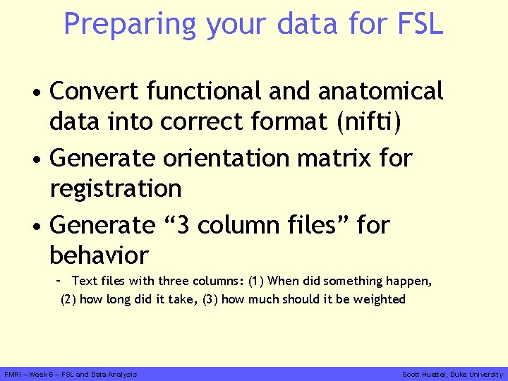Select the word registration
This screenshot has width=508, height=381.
point(116,189)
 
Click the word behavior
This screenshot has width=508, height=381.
point(99,255)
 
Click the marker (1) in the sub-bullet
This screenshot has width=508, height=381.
point(256,281)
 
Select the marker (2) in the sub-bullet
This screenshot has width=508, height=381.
point(68,299)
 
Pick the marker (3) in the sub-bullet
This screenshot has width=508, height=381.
point(210,299)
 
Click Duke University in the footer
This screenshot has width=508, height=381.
point(478,374)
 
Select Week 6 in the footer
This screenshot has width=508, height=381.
point(44,374)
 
